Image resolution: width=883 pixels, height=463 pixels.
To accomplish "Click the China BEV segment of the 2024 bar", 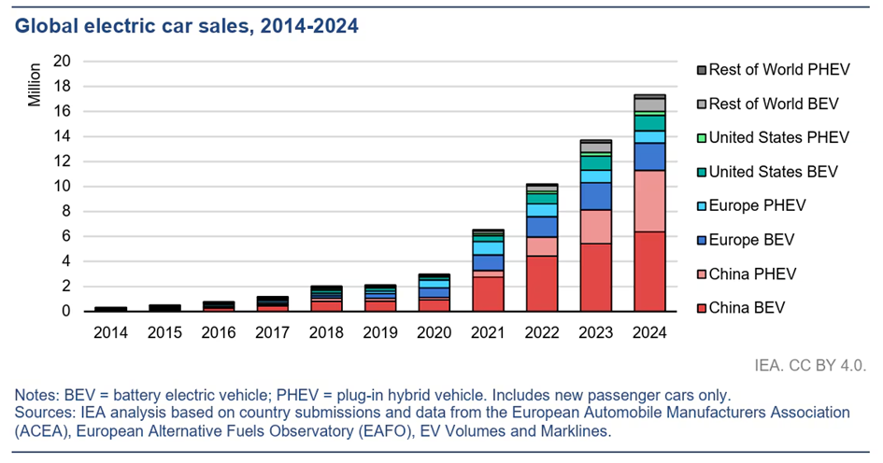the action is (649, 271).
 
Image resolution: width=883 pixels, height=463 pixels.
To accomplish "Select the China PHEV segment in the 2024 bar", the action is (649, 201).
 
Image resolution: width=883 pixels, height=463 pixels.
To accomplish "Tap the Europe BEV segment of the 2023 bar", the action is (596, 196).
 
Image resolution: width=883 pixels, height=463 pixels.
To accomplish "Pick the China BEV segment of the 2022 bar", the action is (542, 284).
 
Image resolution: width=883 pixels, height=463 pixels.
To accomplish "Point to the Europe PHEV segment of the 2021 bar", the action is (489, 248).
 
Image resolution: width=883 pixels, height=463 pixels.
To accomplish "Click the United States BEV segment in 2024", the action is (649, 123).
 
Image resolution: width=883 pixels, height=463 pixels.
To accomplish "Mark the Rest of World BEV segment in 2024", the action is (649, 105).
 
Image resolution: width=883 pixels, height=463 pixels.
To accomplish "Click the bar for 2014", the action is (111, 309).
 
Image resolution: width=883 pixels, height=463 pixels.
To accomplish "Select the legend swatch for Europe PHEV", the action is (702, 206).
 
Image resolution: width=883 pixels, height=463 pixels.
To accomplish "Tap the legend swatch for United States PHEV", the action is (702, 138).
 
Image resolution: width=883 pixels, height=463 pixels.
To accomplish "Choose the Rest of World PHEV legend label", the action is (779, 70).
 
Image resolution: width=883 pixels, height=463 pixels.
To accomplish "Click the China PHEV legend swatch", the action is (702, 274).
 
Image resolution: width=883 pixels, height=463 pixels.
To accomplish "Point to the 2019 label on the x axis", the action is (380, 332).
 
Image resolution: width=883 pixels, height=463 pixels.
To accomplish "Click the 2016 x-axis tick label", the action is (219, 332).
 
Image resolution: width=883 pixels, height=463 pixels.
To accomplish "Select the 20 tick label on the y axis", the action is (62, 61).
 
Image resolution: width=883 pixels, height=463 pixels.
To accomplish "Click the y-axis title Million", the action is (35, 84).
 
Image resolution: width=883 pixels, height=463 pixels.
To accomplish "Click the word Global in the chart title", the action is (46, 26).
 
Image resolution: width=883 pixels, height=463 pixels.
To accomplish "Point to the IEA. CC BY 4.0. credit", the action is (810, 366).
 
